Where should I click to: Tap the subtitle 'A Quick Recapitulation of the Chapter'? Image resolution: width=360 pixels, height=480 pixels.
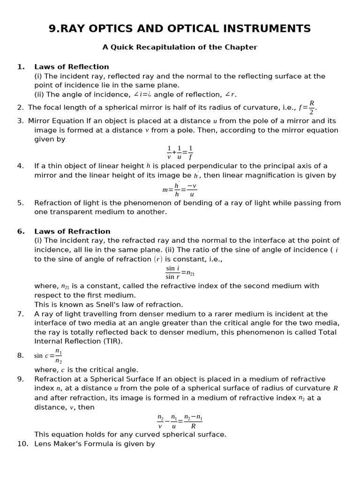point(180,47)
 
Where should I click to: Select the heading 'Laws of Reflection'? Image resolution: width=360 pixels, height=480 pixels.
point(71,67)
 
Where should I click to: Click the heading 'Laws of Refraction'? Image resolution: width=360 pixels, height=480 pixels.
point(72,232)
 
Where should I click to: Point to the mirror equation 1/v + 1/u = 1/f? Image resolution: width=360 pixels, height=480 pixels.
point(180,153)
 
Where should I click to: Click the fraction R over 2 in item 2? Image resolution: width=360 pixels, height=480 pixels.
point(312,107)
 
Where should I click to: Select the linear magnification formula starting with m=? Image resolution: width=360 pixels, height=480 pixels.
point(180,190)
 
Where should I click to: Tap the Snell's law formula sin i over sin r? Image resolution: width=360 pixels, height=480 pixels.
point(180,272)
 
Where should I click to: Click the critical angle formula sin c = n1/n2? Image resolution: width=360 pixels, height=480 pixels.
point(48,356)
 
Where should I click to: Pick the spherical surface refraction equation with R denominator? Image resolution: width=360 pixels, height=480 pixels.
point(180,421)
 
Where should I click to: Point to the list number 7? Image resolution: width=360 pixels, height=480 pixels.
point(20,314)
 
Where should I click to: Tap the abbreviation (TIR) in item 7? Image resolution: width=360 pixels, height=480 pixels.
point(112,341)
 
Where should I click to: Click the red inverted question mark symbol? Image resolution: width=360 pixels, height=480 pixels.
point(150,95)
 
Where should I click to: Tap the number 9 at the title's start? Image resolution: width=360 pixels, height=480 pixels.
point(52,29)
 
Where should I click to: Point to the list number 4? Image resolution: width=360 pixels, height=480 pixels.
point(20,166)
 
